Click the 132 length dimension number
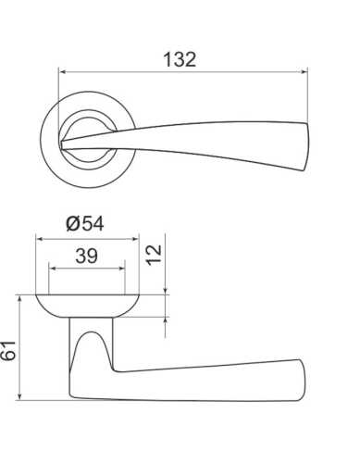180,60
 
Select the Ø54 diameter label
87,224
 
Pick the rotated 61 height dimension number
10,352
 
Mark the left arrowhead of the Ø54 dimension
40,237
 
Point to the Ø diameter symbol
73,224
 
